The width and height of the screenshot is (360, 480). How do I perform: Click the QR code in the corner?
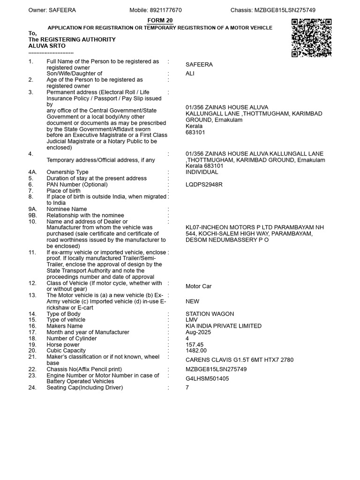[x=311, y=38]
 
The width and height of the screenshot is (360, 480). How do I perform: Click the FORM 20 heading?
[x=160, y=21]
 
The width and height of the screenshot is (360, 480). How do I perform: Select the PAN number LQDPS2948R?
[x=204, y=185]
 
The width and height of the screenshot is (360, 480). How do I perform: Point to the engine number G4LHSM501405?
[x=207, y=379]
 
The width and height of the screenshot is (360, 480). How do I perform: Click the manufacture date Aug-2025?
[x=198, y=332]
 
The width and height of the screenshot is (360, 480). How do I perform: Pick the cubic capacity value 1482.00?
[x=196, y=351]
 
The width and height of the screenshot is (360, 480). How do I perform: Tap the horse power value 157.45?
[x=195, y=345]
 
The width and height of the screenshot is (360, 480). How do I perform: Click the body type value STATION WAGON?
[x=210, y=314]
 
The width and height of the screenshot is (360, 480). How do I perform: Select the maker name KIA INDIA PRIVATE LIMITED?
[x=224, y=326]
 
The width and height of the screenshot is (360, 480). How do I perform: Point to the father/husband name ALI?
[x=190, y=74]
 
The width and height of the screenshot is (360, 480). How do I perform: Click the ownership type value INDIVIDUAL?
[x=202, y=172]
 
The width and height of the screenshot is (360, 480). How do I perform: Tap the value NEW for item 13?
[x=192, y=301]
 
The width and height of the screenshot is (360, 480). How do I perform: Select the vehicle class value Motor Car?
[x=198, y=286]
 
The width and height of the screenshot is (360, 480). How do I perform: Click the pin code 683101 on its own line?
[x=195, y=132]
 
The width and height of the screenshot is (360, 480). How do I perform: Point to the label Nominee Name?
[x=67, y=209]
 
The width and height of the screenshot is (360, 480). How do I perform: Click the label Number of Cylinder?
[x=72, y=338]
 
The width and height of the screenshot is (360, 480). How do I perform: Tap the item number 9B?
[x=32, y=216]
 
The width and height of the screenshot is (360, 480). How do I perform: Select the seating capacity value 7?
[x=187, y=388]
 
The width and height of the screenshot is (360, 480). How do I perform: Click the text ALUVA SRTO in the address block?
[x=47, y=46]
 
